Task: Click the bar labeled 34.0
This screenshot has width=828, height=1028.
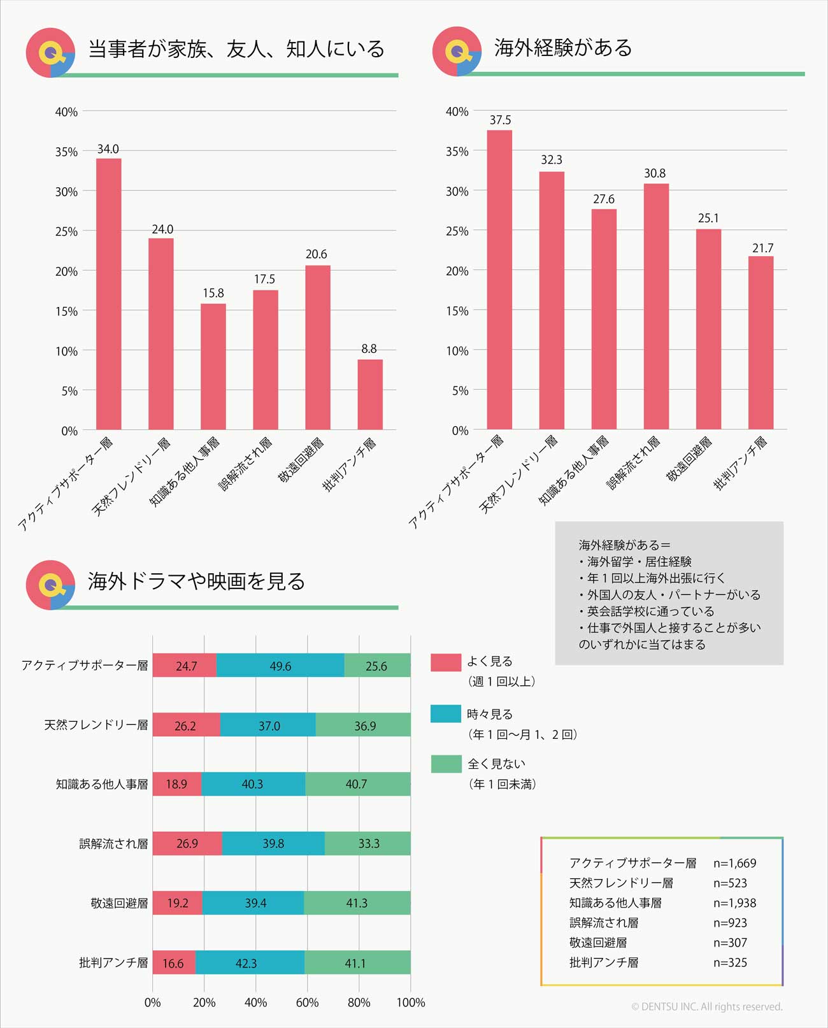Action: [108, 294]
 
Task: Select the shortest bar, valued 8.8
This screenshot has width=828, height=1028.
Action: [369, 394]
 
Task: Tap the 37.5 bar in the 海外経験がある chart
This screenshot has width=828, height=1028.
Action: [499, 280]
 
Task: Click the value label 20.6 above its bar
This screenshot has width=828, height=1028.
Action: [317, 254]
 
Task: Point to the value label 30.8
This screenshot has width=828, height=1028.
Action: [655, 173]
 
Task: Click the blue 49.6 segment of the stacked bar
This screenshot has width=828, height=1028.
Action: [280, 666]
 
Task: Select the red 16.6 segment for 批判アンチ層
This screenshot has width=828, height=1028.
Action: [173, 962]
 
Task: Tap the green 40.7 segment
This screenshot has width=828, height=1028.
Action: [357, 784]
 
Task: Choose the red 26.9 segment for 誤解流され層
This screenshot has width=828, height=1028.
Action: [187, 843]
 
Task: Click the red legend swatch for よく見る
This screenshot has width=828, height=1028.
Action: [445, 662]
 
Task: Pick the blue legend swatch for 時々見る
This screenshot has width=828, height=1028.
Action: [445, 714]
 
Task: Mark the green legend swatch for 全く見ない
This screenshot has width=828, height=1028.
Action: [445, 764]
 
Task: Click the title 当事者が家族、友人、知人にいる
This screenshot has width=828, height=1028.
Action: [236, 49]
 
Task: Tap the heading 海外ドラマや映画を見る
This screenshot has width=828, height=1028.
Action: [196, 581]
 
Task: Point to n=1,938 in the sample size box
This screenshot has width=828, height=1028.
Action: [734, 903]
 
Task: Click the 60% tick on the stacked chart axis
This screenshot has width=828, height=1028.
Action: [307, 1003]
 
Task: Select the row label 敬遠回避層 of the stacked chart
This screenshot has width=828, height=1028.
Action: [119, 903]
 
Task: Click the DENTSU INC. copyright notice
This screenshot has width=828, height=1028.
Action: [707, 1007]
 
